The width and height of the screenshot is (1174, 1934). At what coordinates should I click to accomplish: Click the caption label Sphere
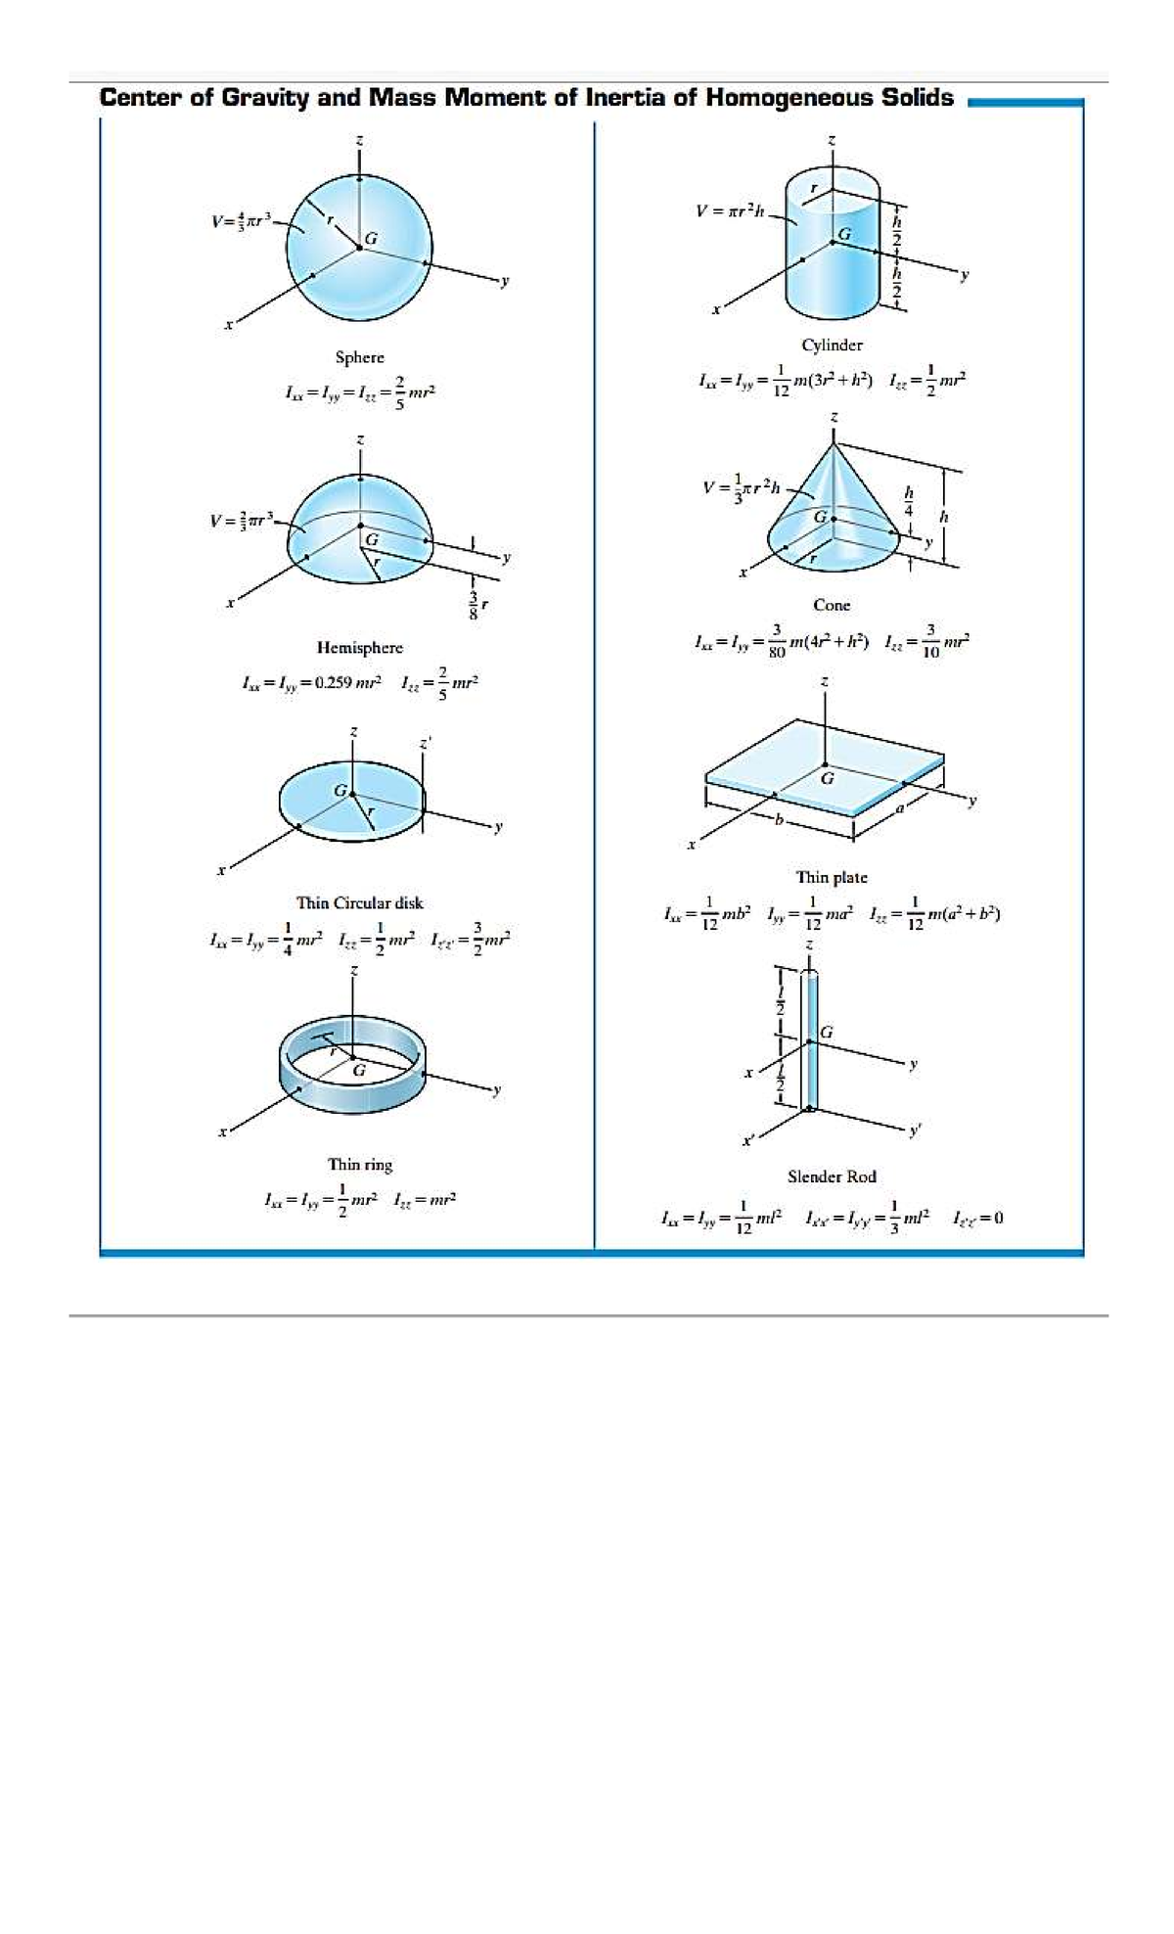[x=359, y=357]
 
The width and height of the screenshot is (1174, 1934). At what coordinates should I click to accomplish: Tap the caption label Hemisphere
[x=359, y=647]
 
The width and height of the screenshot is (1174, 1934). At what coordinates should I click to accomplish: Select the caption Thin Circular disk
[x=359, y=902]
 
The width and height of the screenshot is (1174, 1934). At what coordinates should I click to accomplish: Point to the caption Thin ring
[x=359, y=1164]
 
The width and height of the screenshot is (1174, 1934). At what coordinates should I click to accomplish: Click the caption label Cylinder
[x=832, y=345]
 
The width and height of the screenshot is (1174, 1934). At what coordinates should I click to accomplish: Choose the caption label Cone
[x=832, y=605]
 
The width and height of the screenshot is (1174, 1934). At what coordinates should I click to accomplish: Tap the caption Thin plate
[x=832, y=877]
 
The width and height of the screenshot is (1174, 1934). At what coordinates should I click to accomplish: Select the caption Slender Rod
[x=832, y=1176]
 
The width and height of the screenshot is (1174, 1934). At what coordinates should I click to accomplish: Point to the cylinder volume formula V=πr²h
[x=730, y=210]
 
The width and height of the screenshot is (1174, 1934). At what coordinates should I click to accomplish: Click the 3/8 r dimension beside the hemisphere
[x=476, y=607]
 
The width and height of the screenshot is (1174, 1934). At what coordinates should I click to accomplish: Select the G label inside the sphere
[x=372, y=238]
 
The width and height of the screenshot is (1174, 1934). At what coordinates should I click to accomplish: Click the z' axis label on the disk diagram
[x=425, y=744]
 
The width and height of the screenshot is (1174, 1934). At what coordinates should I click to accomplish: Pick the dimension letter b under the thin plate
[x=780, y=819]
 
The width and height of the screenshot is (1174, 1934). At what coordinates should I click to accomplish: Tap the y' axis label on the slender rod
[x=915, y=1129]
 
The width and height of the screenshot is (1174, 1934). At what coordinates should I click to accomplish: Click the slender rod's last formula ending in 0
[x=977, y=1218]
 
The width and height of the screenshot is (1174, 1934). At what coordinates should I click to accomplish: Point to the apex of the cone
[x=834, y=443]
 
